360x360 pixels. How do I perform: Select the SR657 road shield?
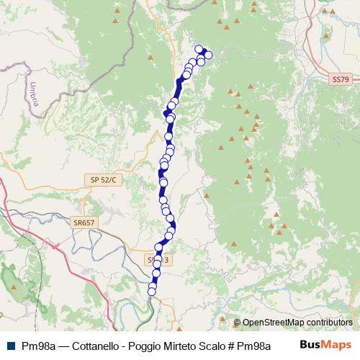click(84, 223)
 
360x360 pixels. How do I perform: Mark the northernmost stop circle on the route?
click(199, 49)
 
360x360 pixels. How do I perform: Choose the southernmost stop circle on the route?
click(152, 290)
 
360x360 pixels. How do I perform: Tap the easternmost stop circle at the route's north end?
click(208, 55)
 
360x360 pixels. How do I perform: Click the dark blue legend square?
click(9, 346)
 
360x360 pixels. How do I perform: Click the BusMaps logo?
click(325, 345)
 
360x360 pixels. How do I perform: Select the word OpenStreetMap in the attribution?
click(273, 323)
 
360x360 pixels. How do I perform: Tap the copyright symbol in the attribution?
click(237, 323)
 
